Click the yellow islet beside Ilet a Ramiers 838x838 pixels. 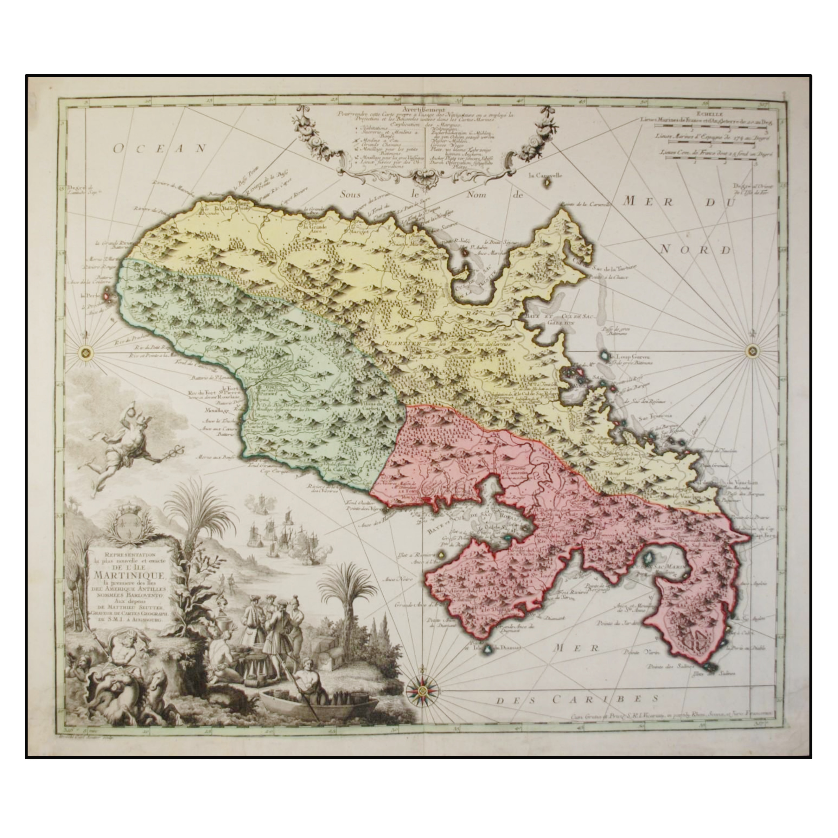coord(441,554)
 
